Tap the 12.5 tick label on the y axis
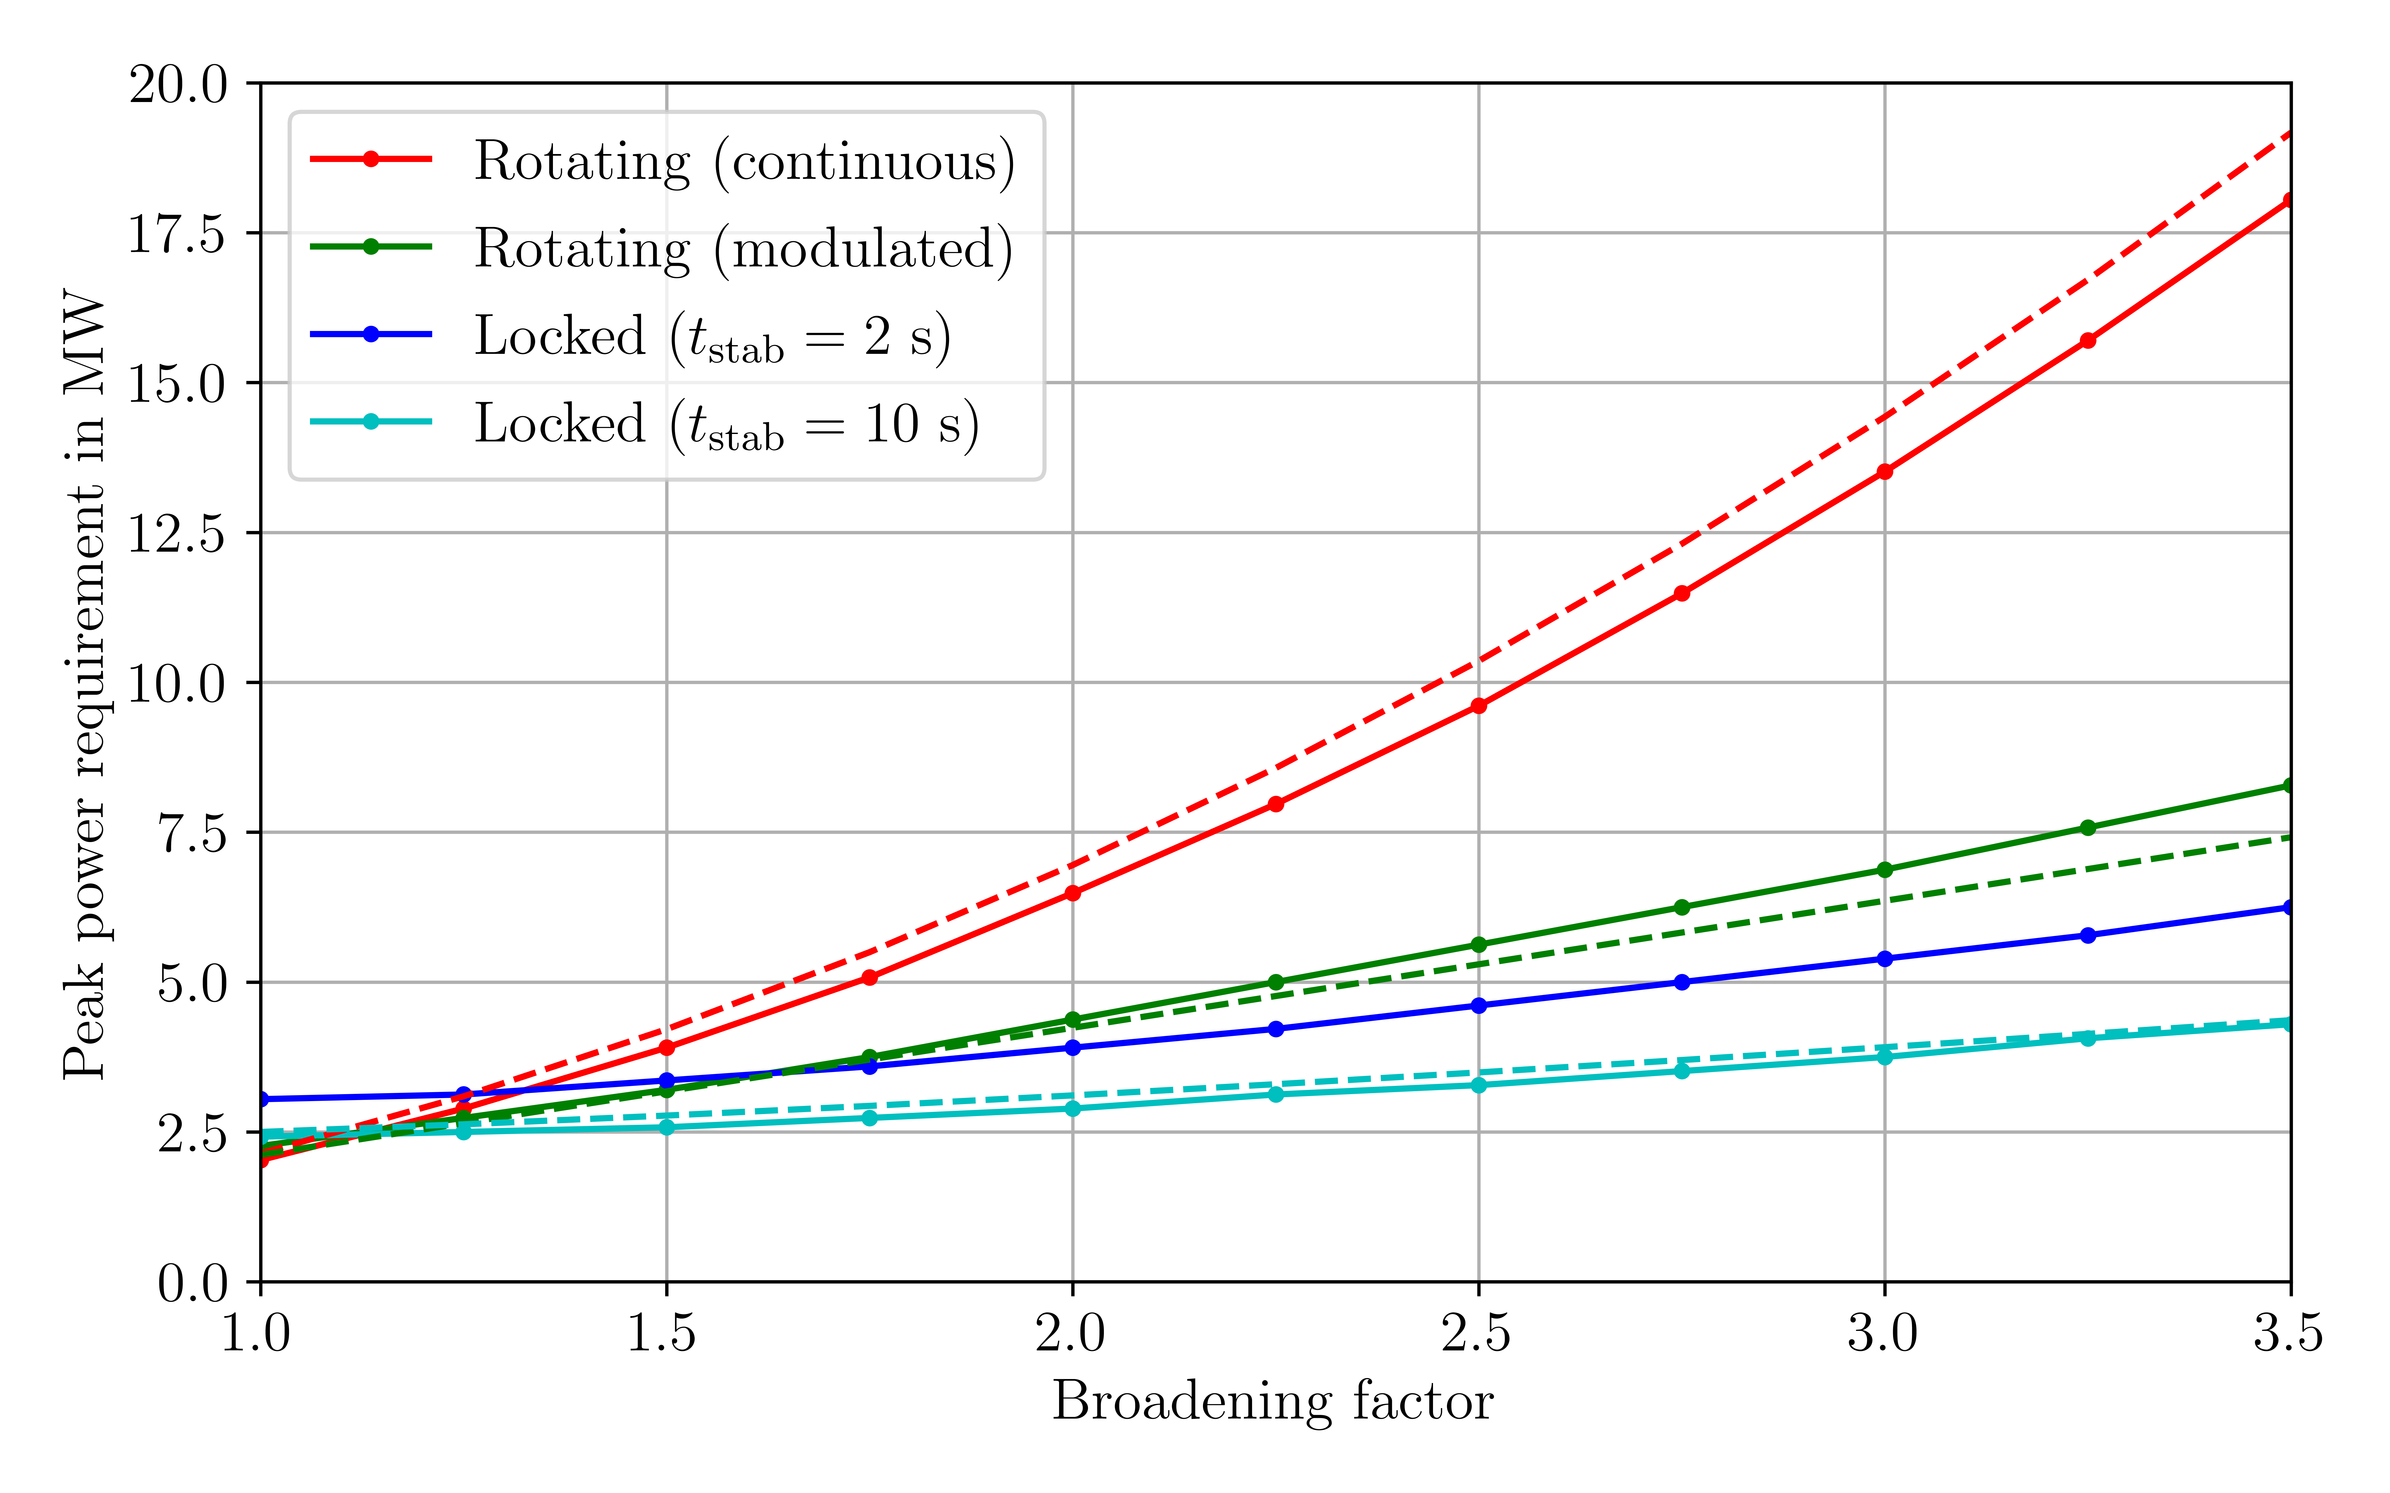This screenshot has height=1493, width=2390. pos(178,533)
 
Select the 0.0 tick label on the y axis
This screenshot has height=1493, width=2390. pos(193,1283)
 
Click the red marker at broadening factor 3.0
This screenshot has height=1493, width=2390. pos(1884,472)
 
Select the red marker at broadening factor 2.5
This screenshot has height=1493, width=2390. pos(1479,706)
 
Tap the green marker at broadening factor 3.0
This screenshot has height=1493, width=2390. pos(1884,870)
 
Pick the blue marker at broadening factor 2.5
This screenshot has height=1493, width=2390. pos(1479,1005)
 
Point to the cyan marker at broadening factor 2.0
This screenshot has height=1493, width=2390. pos(1073,1109)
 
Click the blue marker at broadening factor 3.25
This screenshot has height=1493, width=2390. pos(2088,935)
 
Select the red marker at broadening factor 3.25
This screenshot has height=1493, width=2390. pos(2088,341)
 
